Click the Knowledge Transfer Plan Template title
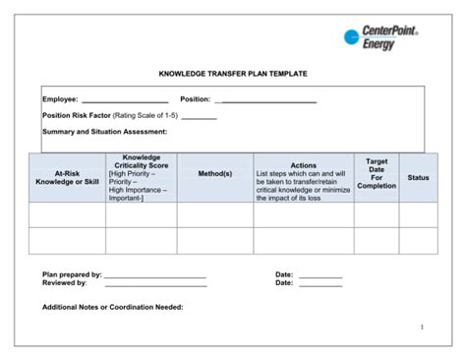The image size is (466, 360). tap(233, 74)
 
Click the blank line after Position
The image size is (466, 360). tap(266, 100)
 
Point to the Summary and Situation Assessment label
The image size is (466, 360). tap(104, 131)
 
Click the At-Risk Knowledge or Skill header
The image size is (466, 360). tap(68, 177)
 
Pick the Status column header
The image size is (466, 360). tap(419, 178)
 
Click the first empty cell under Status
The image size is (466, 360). tap(419, 214)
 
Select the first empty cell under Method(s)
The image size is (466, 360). tap(215, 214)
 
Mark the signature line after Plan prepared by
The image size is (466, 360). tap(155, 277)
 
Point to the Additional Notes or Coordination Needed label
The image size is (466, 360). tap(112, 307)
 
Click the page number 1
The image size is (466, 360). tap(421, 327)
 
